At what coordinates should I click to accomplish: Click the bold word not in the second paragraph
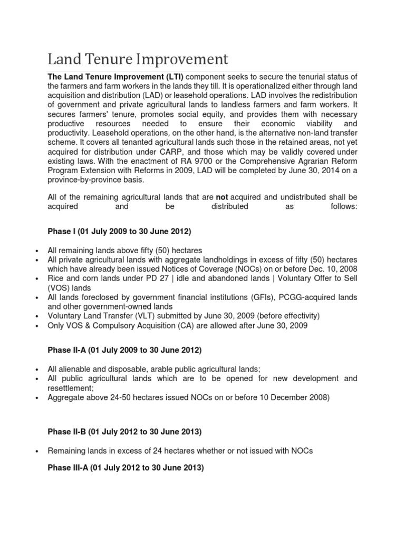coord(222,197)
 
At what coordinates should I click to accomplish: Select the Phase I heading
coord(120,231)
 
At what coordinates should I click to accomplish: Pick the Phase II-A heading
coord(124,350)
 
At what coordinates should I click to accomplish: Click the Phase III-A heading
coord(126,467)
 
